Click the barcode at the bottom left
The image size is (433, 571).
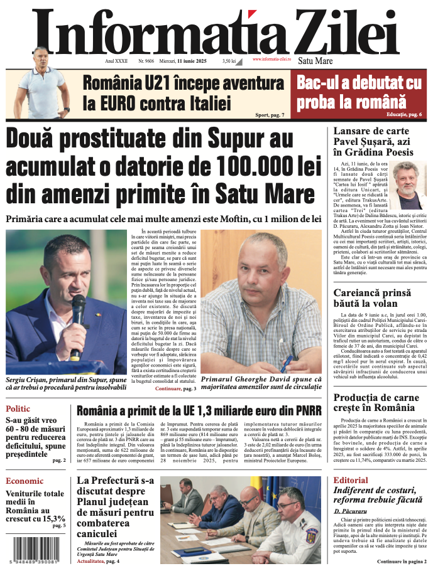38,550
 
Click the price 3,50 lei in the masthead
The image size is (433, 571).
229,61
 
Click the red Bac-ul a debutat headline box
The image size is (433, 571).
359,92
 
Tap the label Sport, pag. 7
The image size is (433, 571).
270,115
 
